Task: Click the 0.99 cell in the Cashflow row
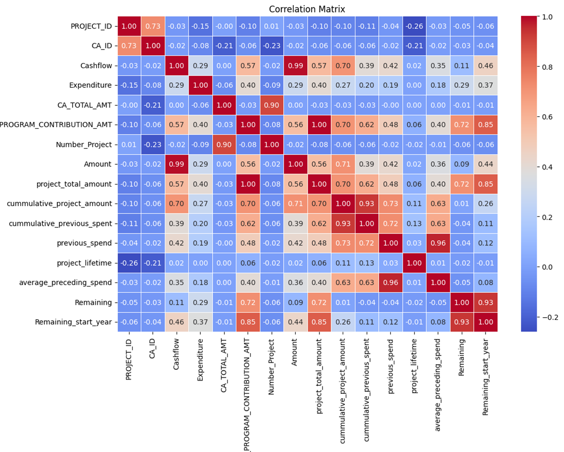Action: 295,66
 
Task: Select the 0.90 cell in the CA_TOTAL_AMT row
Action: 271,105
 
